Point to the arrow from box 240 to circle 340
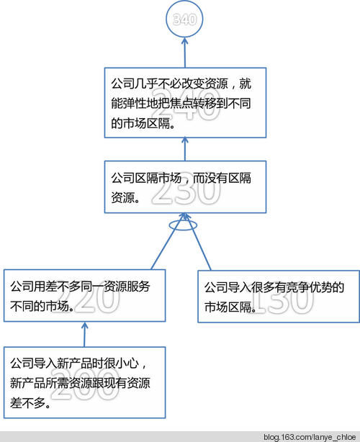point(184,53)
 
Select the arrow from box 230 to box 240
point(185,149)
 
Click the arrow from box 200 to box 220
point(84,335)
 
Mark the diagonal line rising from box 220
point(168,241)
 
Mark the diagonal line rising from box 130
point(198,242)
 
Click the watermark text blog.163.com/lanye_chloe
point(310,437)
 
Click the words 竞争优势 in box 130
point(309,287)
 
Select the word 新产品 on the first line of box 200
point(74,364)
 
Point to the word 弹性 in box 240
point(135,104)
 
